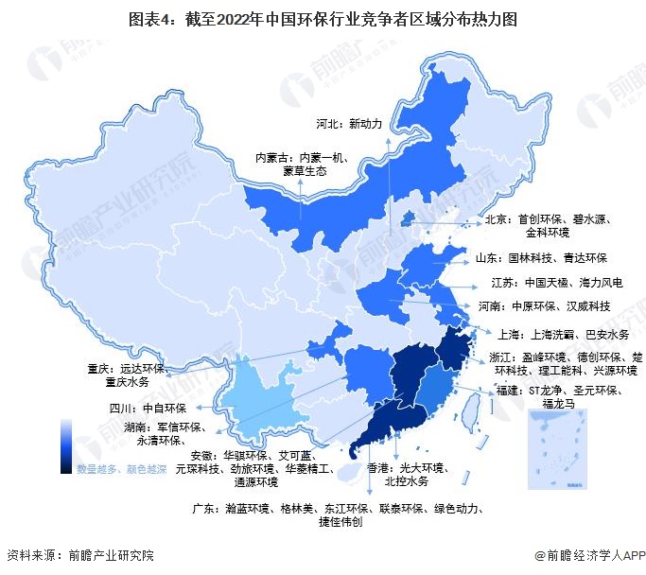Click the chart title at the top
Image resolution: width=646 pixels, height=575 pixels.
click(x=323, y=17)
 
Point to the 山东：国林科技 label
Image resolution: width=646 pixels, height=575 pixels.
click(x=542, y=257)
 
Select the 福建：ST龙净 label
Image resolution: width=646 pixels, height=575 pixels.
click(x=565, y=394)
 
